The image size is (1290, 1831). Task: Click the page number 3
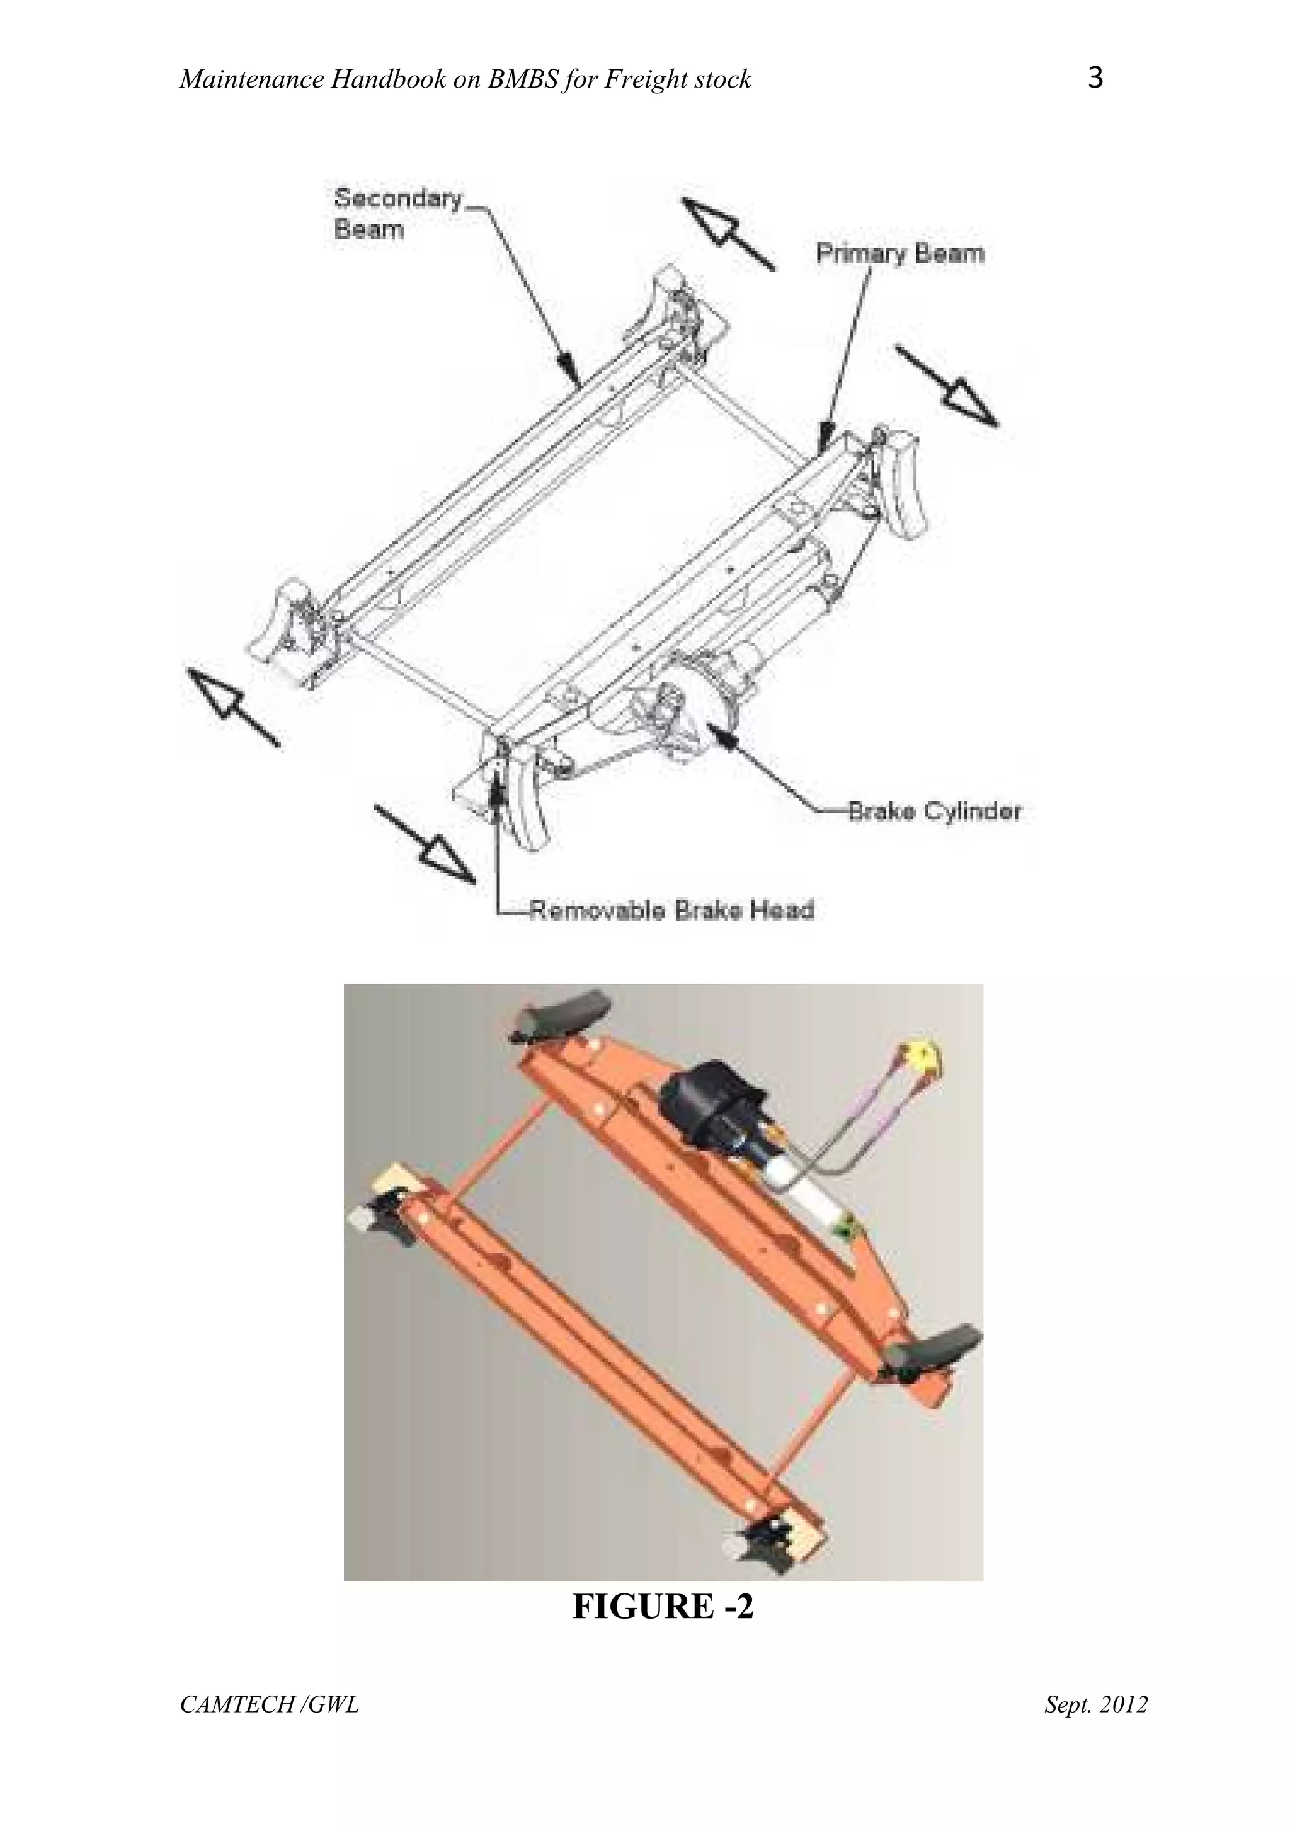tap(1095, 78)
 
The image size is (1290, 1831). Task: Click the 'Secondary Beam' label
tap(396, 213)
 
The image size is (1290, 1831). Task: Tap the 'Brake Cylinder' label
tap(933, 812)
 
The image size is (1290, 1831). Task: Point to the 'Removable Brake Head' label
tap(672, 910)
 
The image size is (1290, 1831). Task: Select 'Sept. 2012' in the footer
tap(1095, 1704)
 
